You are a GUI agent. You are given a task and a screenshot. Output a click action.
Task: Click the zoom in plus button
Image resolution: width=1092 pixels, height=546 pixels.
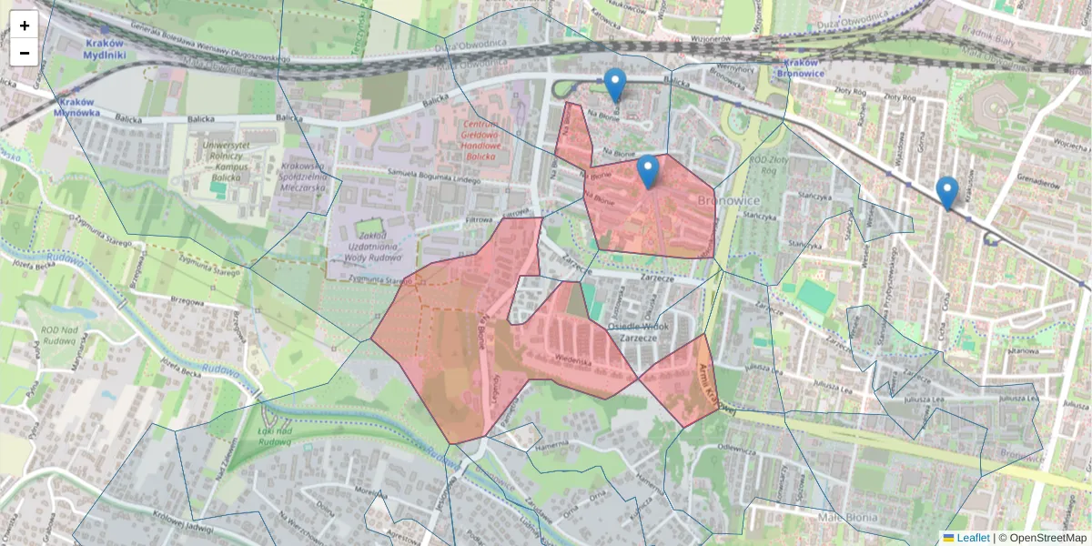tap(25, 25)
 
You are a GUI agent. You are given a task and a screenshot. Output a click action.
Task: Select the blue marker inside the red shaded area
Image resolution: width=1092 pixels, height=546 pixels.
tap(647, 171)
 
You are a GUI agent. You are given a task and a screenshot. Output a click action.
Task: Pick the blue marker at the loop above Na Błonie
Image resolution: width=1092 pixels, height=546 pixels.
tap(615, 85)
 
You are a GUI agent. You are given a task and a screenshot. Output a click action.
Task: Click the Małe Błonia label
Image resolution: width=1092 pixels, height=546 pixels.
tap(847, 518)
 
